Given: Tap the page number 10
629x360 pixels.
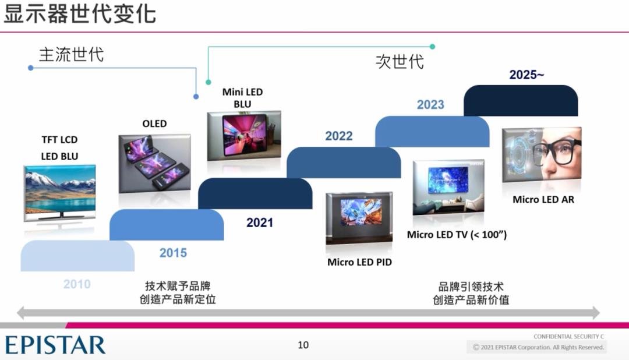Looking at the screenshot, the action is coord(303,345).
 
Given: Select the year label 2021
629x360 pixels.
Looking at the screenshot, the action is coord(260,223).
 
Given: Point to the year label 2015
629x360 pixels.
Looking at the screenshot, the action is coord(173,253).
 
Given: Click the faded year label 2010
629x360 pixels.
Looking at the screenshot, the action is coord(77,284).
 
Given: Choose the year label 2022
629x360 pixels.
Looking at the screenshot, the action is coord(339,136).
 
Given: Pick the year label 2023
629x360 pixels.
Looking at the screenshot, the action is coord(430,105).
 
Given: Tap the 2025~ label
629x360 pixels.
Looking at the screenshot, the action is coord(526,75).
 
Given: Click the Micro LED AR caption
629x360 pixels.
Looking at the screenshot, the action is coord(543,199).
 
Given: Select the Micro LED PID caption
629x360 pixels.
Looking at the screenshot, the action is coord(359,262).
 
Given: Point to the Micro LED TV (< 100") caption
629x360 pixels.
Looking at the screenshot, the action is coord(457,234).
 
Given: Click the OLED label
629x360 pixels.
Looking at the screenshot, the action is coord(154,123).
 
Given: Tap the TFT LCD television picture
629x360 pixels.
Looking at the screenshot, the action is coord(60,193).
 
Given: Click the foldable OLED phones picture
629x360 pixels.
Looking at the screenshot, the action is coord(154,164).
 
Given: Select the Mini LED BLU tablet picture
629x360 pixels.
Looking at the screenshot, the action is coord(244,136).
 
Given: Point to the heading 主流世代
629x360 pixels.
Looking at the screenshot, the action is coord(72,55).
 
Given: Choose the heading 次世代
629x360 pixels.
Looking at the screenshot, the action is coord(400,62).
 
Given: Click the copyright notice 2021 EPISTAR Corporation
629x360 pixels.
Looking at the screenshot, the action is coord(538,347).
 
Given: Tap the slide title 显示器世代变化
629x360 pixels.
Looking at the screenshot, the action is coord(80,13).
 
